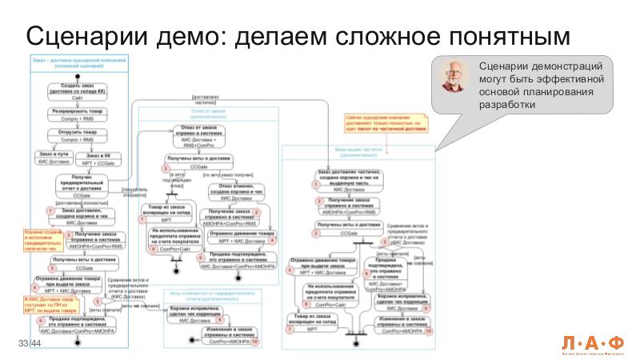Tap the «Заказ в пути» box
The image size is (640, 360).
pos(54,157)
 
